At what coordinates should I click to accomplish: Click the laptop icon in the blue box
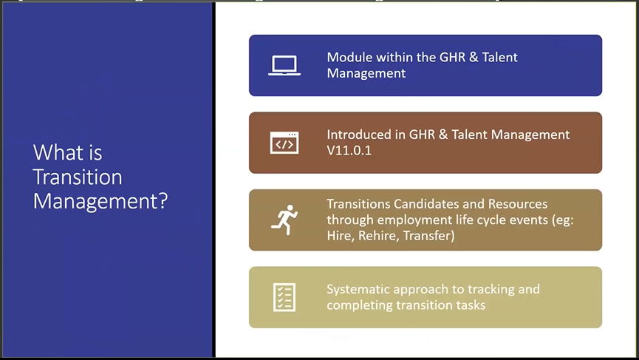coord(284,66)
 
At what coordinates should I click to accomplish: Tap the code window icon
coord(284,143)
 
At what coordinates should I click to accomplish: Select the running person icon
coord(284,220)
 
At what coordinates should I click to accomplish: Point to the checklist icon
coord(284,297)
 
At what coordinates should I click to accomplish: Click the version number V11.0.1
coord(349,151)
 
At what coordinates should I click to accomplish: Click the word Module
coord(349,57)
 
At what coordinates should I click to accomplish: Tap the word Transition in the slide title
coord(78,177)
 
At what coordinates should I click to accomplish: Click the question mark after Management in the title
coord(163,200)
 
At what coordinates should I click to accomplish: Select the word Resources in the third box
coord(518,204)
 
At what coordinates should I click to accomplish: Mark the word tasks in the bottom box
coord(471,305)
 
